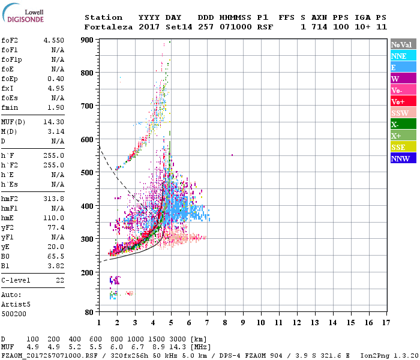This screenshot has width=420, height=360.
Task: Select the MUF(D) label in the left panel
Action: (x=13, y=122)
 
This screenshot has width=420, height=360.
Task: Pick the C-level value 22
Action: (x=60, y=280)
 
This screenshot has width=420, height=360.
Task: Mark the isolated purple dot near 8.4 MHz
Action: (x=232, y=155)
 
